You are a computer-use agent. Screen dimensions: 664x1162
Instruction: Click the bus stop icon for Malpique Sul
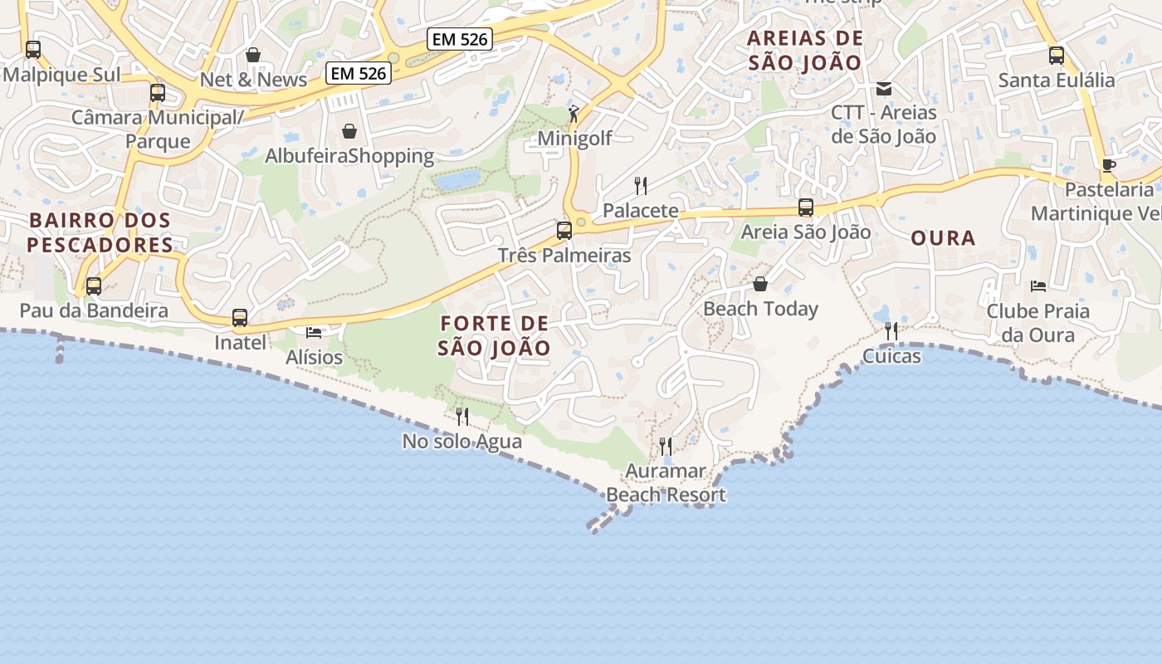(33, 50)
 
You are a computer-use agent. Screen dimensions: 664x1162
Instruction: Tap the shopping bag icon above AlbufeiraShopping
(349, 131)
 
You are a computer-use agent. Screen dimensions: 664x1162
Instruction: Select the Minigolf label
(574, 138)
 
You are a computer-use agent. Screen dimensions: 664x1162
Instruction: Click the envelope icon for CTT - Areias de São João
(884, 88)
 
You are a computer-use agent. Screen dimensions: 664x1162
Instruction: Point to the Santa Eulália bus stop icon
(1056, 56)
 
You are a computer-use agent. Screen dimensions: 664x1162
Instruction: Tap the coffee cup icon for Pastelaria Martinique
(1108, 165)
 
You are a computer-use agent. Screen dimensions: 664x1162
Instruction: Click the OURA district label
(943, 238)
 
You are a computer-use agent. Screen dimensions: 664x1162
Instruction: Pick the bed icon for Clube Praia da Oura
(1037, 286)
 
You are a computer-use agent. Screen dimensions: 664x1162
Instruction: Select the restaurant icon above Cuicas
(891, 331)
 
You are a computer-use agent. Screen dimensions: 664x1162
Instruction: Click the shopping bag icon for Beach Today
(760, 284)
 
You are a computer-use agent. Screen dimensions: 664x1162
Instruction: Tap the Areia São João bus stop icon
(805, 207)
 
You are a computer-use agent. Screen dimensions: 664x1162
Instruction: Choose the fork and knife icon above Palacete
(641, 185)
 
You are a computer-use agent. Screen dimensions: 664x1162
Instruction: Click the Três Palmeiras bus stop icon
(564, 230)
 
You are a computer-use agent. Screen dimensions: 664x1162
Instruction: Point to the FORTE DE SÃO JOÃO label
(494, 335)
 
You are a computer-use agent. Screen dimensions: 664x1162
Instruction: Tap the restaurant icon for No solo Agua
(462, 416)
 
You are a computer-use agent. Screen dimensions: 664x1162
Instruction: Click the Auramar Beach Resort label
(666, 483)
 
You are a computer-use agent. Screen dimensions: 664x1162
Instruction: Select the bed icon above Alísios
(314, 332)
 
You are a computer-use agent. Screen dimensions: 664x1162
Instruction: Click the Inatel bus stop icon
(240, 318)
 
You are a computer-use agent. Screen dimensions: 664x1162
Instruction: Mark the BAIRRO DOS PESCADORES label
(100, 232)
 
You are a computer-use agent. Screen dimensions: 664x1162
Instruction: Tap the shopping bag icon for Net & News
(253, 55)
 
